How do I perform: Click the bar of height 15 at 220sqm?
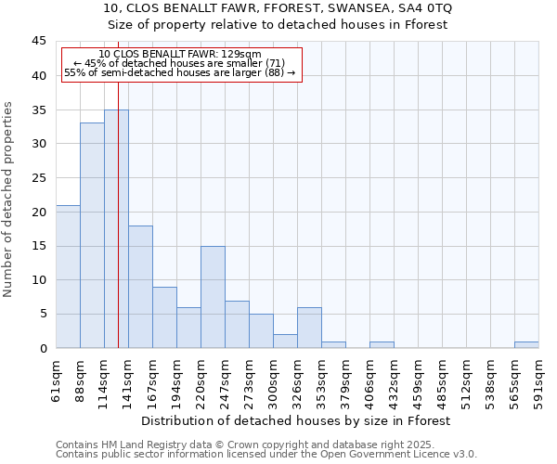(213, 297)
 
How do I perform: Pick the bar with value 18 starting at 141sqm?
(140, 287)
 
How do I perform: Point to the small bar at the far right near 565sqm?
(526, 345)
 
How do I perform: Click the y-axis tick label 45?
(39, 42)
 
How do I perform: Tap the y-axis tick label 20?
(39, 212)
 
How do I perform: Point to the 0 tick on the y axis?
(43, 348)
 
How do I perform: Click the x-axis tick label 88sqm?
(81, 377)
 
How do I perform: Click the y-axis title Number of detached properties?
(9, 199)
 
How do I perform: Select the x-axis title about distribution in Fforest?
(297, 420)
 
